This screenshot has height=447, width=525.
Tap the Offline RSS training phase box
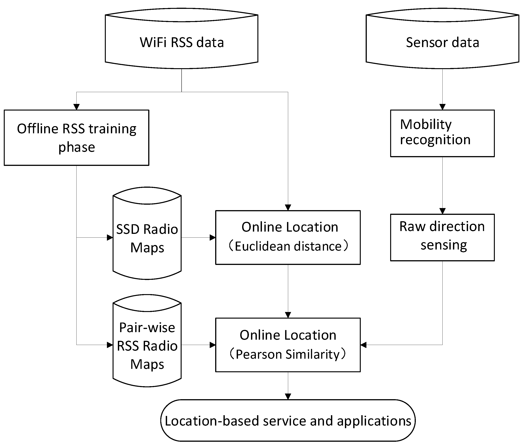(77, 138)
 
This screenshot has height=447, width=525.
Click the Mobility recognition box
(442, 133)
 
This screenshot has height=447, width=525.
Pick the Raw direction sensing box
(442, 237)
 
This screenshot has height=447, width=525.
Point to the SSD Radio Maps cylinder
(147, 238)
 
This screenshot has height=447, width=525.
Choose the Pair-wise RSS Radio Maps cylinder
(147, 345)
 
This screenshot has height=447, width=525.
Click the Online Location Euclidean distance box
(288, 237)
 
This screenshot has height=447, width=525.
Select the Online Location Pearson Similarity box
(288, 345)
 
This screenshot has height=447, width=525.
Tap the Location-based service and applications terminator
(288, 420)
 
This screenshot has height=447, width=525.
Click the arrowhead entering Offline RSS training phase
(77, 107)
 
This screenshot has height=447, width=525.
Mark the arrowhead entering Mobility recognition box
(442, 107)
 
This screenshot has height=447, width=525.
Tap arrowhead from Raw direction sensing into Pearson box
(363, 345)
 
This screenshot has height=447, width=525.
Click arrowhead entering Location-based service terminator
(288, 396)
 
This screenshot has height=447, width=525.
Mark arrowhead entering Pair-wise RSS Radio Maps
(110, 345)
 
